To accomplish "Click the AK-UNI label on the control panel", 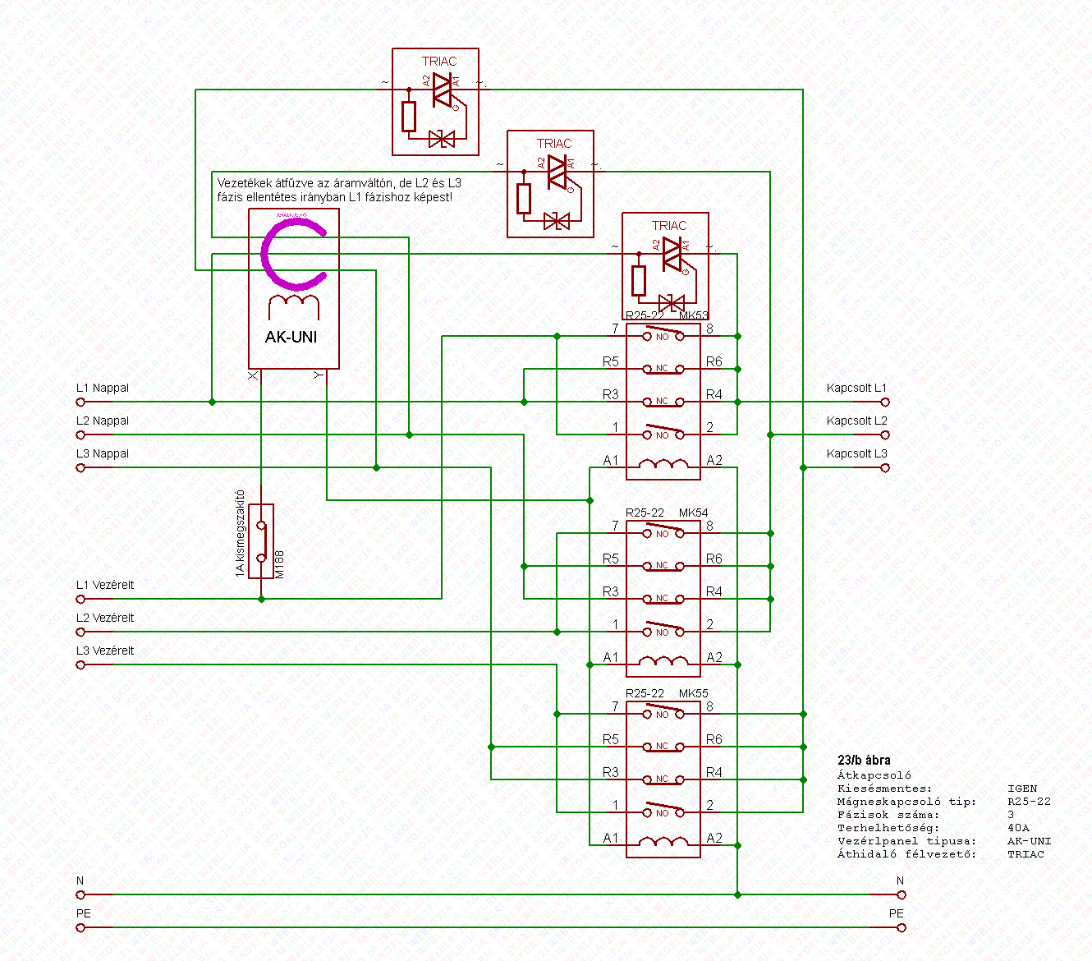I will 291,337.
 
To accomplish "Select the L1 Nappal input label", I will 103,388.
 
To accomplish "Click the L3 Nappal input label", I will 103,453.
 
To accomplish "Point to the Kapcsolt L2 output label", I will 856,421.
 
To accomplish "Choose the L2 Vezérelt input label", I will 105,618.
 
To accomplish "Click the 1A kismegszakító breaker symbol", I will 261,541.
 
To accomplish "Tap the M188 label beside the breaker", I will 279,565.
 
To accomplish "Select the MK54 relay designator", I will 693,513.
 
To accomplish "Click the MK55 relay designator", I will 693,693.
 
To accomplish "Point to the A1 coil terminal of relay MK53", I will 611,460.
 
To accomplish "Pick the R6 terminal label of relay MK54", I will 714,559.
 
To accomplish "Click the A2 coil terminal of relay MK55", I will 714,838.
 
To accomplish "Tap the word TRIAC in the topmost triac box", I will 439,62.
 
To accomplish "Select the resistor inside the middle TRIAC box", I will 524,198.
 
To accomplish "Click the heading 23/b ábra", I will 864,761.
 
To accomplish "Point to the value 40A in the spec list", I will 1018,828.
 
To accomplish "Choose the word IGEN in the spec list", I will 1022,789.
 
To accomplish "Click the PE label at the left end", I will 84,913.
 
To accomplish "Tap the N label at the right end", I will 900,881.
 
